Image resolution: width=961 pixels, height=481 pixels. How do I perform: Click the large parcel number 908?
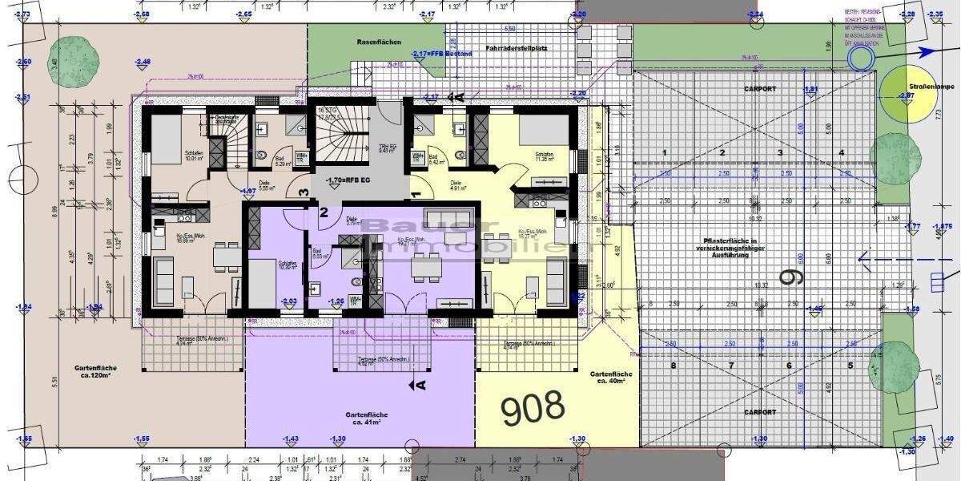pyautogui.click(x=533, y=407)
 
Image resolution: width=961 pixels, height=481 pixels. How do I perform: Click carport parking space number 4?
pyautogui.click(x=842, y=152)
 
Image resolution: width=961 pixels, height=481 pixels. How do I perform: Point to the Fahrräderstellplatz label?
pyautogui.click(x=517, y=48)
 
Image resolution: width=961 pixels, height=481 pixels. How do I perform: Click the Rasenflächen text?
pyautogui.click(x=379, y=42)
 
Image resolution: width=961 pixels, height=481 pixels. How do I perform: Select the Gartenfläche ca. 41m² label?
pyautogui.click(x=367, y=418)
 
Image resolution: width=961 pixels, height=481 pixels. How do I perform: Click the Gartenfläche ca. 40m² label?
pyautogui.click(x=611, y=378)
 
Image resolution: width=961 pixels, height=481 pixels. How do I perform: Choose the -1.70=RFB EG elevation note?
pyautogui.click(x=346, y=181)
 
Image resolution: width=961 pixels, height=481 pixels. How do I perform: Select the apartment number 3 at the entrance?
pyautogui.click(x=302, y=192)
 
